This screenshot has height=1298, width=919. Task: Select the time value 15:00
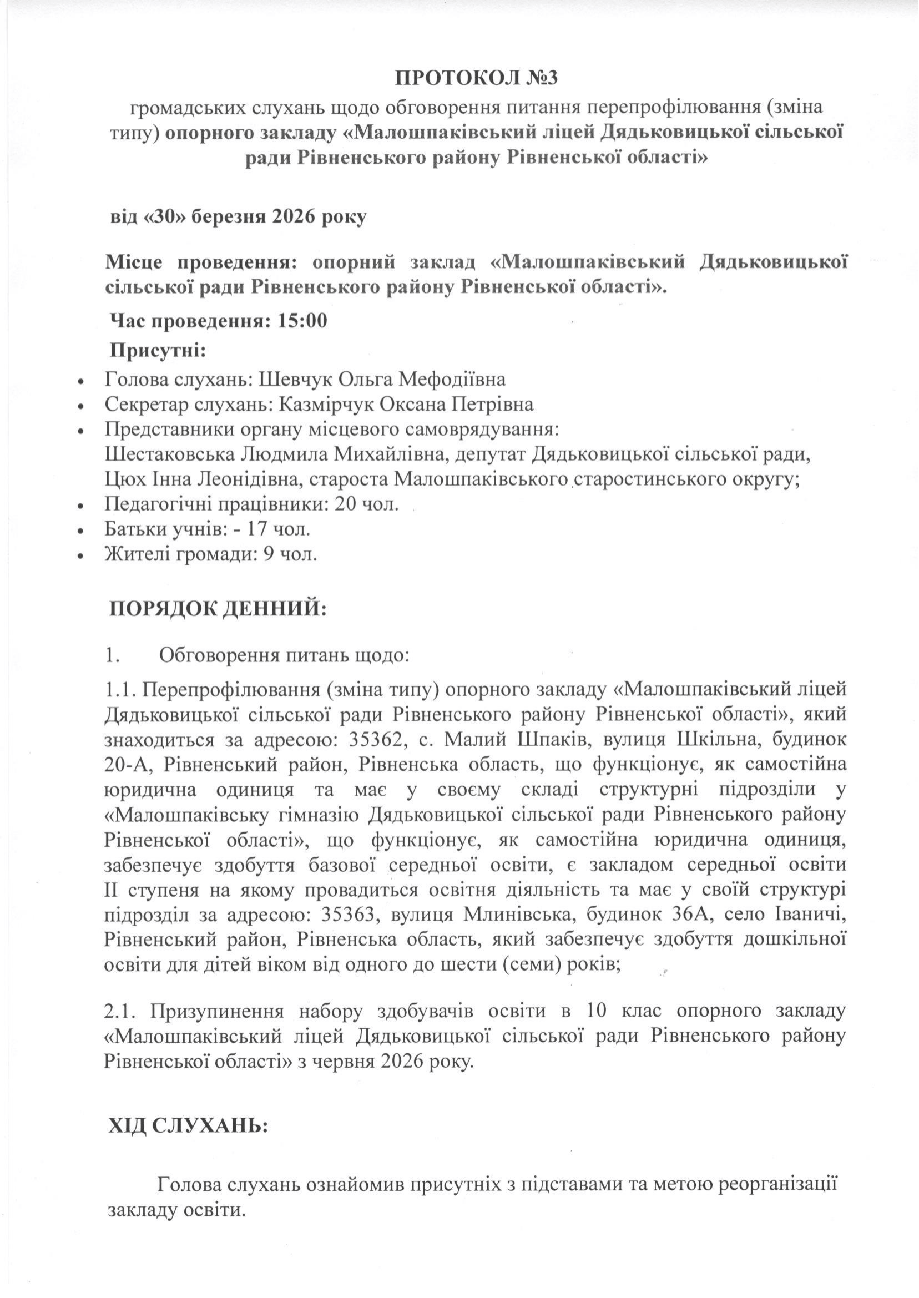click(x=303, y=321)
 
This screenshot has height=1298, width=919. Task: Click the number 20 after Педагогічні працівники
click(x=348, y=503)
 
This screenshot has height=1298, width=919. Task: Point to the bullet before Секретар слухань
click(x=82, y=406)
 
